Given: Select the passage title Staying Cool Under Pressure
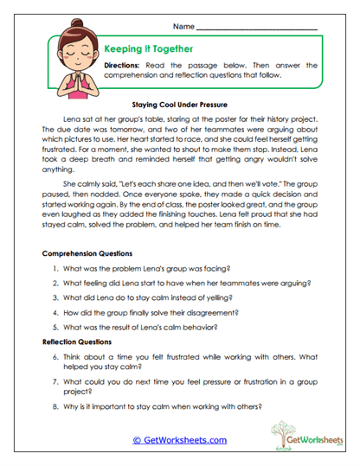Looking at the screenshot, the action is coord(180,100).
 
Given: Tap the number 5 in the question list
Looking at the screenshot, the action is coord(55,326).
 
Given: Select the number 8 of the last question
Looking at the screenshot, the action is coord(55,406).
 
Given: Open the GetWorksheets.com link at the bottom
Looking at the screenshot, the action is coord(179,440).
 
